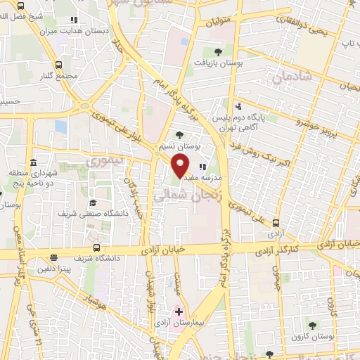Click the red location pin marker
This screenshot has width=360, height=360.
coord(181,167)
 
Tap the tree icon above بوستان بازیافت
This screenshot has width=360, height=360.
coord(218,51)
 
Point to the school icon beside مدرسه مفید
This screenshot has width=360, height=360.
coord(202,167)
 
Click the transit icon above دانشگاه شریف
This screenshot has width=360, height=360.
coord(96,247)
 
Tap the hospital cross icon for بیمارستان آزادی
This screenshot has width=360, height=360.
coord(179,311)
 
